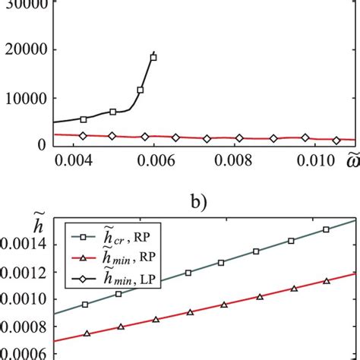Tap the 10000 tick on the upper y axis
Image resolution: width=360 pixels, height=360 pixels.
tap(25, 99)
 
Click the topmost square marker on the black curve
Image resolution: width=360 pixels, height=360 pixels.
tap(153, 57)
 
